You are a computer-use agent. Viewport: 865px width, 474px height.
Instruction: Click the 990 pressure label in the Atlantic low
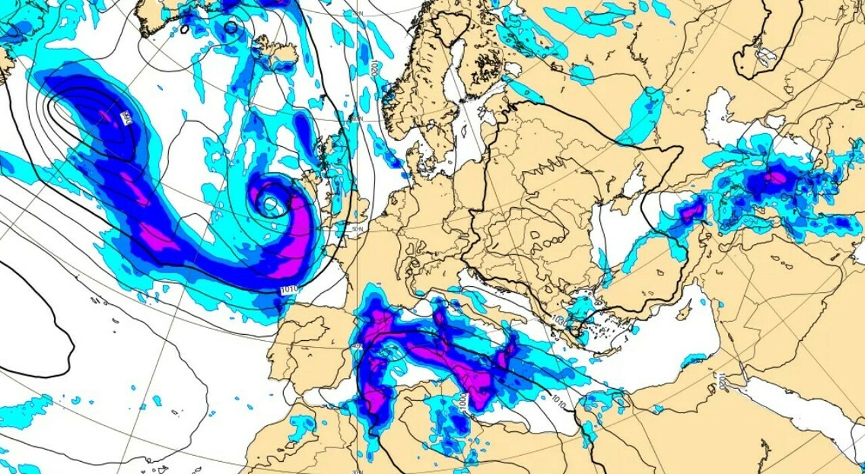point(125,118)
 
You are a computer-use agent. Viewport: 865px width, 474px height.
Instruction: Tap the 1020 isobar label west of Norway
point(373,68)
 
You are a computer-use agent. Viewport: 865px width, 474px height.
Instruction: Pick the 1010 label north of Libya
point(558,400)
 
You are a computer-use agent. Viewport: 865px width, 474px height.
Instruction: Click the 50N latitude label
point(357,229)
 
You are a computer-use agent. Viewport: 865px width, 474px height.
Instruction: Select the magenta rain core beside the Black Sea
point(691,213)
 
